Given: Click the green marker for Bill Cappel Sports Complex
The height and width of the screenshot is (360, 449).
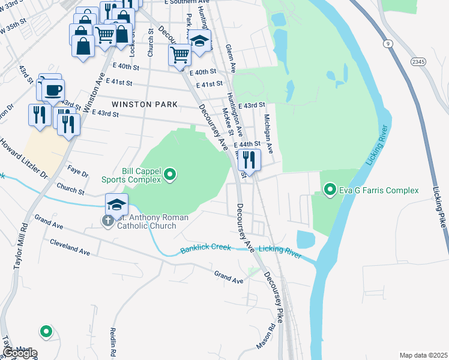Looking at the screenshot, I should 170,175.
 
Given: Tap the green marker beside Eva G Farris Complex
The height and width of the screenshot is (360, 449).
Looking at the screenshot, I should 330,191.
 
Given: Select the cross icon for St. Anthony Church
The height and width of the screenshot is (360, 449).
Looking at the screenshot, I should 107,221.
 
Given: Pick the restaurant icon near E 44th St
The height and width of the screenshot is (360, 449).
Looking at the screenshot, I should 249,160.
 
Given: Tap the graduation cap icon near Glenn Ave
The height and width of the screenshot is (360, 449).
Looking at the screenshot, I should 200,41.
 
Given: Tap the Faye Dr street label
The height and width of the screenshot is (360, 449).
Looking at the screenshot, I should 78,172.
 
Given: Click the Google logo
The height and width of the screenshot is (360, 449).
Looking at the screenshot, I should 20,353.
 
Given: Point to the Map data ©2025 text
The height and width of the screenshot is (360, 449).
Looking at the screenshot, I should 423,355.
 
